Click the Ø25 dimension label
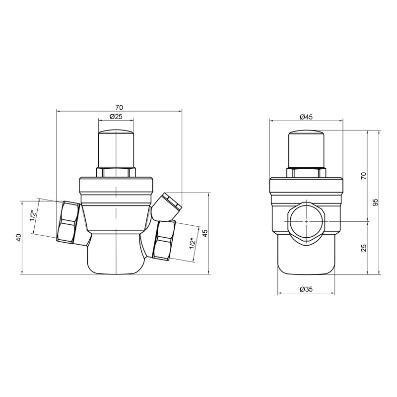click(116, 117)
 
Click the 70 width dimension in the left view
click(119, 107)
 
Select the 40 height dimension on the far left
click(18, 237)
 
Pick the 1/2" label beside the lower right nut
click(191, 244)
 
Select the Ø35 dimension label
click(306, 289)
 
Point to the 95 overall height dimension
click(376, 202)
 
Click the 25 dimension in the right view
click(364, 247)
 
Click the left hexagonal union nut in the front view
click(68, 222)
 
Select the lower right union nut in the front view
click(164, 240)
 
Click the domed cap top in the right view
click(306, 134)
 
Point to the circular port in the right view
click(306, 220)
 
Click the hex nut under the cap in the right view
click(306, 173)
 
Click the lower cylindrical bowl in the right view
click(306, 256)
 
